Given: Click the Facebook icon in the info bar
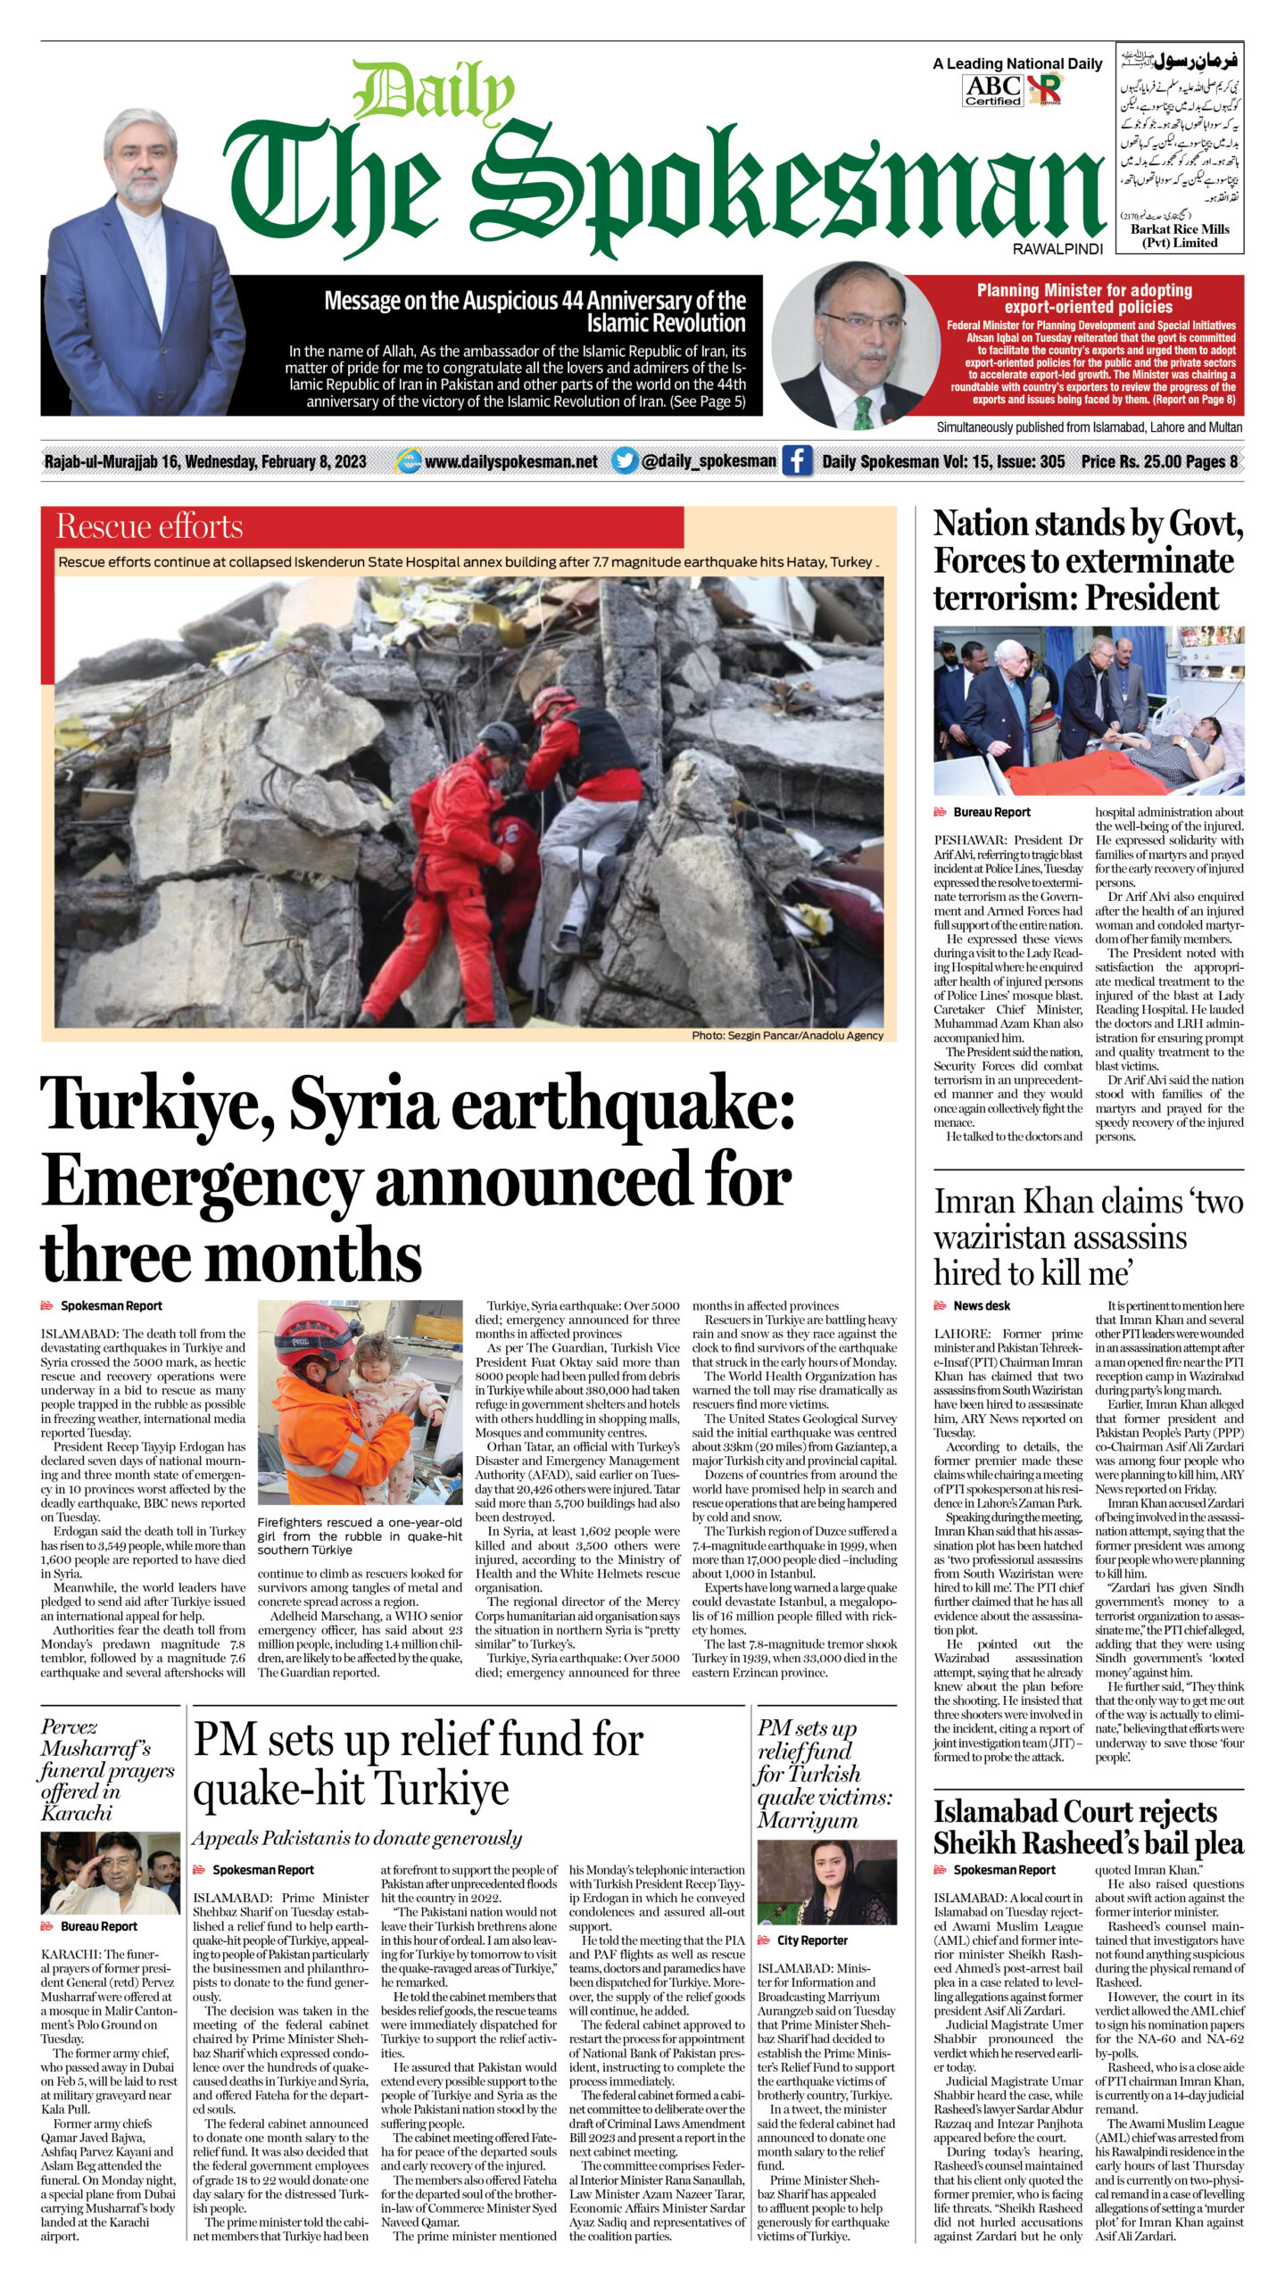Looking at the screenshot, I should [797, 461].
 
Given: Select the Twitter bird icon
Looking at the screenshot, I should [625, 461].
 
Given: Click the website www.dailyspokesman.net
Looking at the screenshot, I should [510, 461].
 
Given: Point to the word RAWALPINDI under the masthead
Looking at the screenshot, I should [1057, 250].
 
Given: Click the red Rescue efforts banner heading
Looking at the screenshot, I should [150, 527].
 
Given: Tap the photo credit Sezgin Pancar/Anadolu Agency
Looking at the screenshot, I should [787, 1036].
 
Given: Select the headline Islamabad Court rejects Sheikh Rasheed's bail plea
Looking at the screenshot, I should [1088, 1826].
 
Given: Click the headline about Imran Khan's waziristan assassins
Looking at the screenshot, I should [1088, 1237].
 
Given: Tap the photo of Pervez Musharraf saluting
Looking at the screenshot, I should [110, 1873].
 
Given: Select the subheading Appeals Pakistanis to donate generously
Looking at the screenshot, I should [357, 1838].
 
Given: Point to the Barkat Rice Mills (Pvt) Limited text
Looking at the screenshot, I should [1179, 236].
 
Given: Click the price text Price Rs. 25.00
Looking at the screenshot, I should [1127, 461].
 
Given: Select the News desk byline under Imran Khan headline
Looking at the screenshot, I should [981, 1305].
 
